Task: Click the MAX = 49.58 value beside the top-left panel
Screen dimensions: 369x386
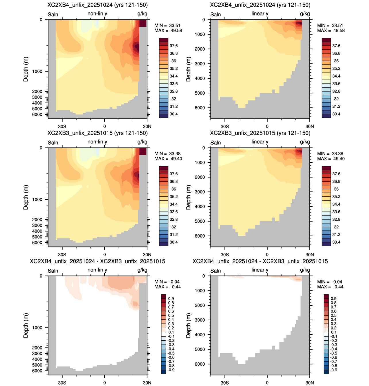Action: [x=168, y=30]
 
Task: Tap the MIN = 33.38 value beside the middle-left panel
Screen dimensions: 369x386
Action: [x=167, y=154]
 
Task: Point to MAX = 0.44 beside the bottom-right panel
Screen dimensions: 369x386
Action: [x=330, y=287]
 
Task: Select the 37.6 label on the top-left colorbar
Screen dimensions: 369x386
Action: [x=173, y=46]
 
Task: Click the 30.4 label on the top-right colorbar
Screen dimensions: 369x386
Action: [x=336, y=114]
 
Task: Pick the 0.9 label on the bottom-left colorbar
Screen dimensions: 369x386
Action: [x=171, y=298]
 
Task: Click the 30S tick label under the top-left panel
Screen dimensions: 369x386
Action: [x=62, y=126]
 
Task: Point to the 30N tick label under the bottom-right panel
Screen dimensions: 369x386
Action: [x=310, y=383]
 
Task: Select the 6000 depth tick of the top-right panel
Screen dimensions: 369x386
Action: [x=200, y=108]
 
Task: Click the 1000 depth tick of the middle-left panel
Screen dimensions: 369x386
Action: [x=37, y=199]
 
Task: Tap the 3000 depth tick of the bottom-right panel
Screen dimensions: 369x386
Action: [x=200, y=320]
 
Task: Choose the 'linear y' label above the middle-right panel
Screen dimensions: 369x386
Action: [x=260, y=142]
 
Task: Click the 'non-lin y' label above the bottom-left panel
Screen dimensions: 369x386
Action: [x=97, y=270]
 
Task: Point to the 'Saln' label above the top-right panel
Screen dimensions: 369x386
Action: [x=216, y=14]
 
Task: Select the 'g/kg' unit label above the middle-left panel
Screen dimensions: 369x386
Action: [x=142, y=142]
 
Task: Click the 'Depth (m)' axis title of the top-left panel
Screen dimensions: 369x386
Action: [x=26, y=69]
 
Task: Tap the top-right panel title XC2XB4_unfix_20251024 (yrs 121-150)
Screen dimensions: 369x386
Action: [x=260, y=5]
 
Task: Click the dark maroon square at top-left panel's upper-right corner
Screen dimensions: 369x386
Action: [x=143, y=23]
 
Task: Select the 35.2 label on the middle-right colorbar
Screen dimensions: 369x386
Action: [x=336, y=197]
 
